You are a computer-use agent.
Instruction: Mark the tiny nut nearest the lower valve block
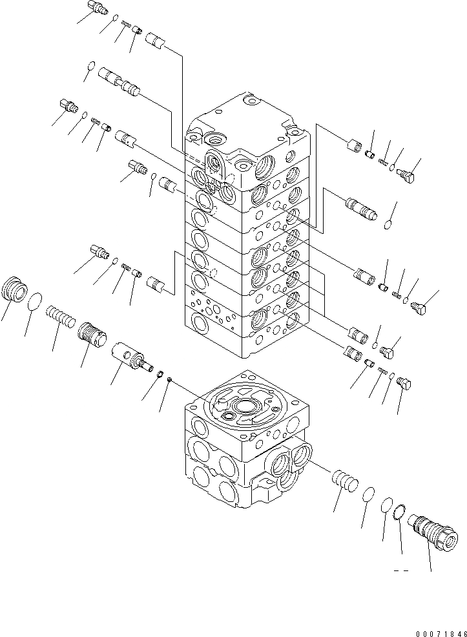point(169,380)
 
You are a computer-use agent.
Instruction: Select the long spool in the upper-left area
point(119,82)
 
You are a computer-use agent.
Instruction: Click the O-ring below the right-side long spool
point(388,225)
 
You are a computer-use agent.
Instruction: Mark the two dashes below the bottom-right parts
point(401,570)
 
